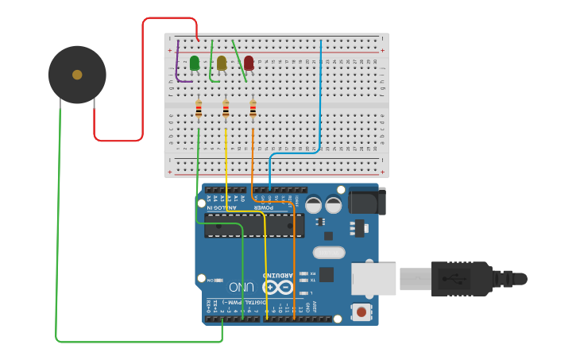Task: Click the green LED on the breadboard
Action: pyautogui.click(x=195, y=63)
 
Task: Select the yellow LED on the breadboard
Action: pyautogui.click(x=222, y=63)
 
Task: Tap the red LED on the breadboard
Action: pyautogui.click(x=249, y=63)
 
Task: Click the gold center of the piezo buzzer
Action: pyautogui.click(x=77, y=75)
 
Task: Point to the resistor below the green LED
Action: pyautogui.click(x=199, y=109)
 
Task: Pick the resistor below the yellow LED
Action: pyautogui.click(x=226, y=109)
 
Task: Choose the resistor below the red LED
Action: pyautogui.click(x=253, y=109)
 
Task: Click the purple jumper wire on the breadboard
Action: pyautogui.click(x=176, y=68)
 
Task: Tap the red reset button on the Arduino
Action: pyautogui.click(x=361, y=312)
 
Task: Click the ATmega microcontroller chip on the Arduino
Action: pyautogui.click(x=253, y=225)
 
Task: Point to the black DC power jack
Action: pyautogui.click(x=366, y=201)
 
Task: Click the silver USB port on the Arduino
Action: pyautogui.click(x=373, y=279)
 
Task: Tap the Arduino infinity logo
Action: pyautogui.click(x=277, y=286)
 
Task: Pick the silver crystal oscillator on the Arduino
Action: pyautogui.click(x=328, y=253)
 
